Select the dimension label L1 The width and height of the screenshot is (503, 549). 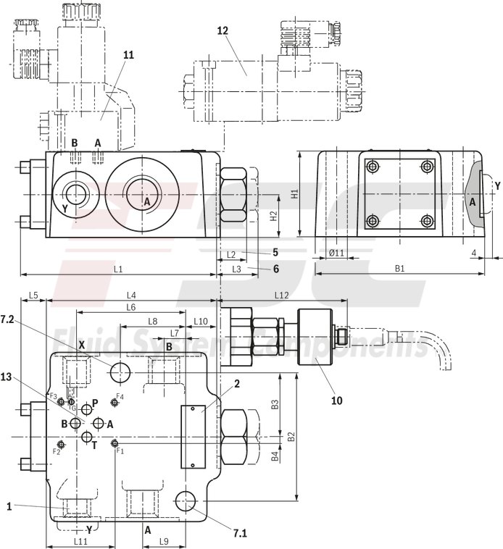click(x=117, y=269)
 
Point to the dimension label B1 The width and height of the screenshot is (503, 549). click(x=399, y=269)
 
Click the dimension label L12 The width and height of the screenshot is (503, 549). click(x=282, y=295)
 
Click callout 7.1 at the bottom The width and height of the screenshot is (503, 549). click(x=241, y=534)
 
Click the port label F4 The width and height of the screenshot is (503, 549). click(x=120, y=397)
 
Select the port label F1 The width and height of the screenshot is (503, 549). click(x=120, y=450)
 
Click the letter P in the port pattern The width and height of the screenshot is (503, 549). click(x=95, y=403)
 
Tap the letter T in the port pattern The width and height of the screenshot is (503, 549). click(x=93, y=445)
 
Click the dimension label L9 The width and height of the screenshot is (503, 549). click(x=164, y=541)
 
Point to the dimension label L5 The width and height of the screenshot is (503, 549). click(x=33, y=295)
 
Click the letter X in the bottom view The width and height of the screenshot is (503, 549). click(x=82, y=345)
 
